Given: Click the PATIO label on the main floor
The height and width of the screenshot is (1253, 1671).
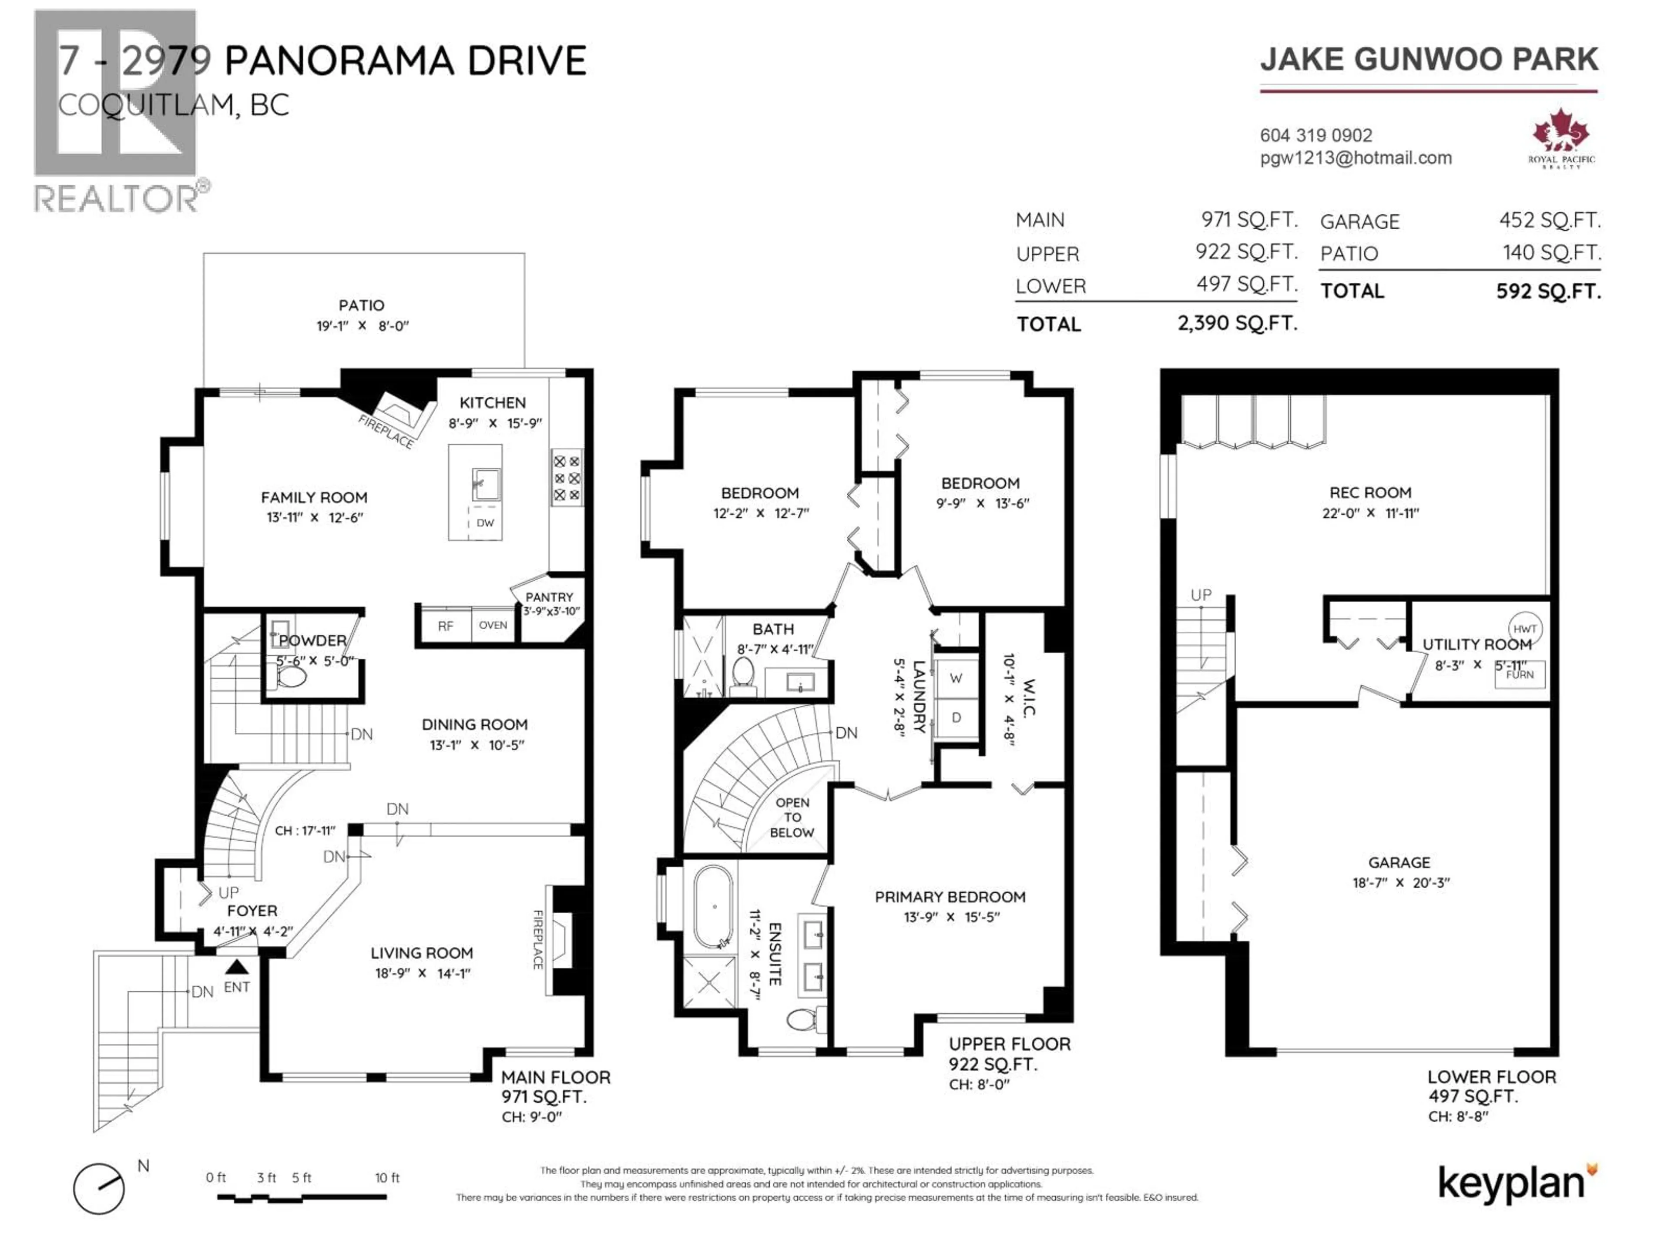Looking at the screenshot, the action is pos(361,305).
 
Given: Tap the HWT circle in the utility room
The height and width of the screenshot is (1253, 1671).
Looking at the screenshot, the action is pos(1524,628).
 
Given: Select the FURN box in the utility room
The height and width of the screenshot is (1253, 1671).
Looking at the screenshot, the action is pos(1520,673).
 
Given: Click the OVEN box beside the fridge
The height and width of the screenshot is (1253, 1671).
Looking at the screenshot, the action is pos(493,625).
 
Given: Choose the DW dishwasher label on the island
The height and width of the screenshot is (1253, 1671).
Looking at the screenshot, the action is pos(485,523).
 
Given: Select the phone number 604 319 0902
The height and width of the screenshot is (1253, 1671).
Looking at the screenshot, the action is pos(1316,135).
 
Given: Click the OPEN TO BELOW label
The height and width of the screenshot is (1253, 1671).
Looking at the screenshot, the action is pos(792,817).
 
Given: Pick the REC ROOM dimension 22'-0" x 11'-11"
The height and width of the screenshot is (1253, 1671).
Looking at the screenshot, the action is pos(1370,513).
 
